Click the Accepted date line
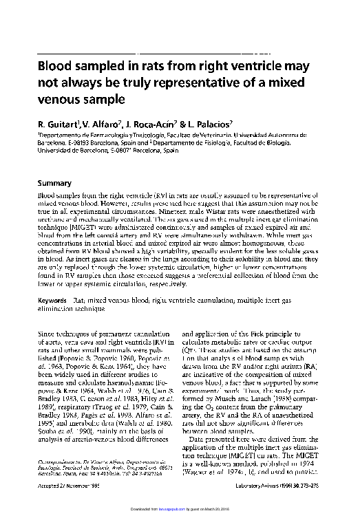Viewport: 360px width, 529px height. (x=67, y=504)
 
